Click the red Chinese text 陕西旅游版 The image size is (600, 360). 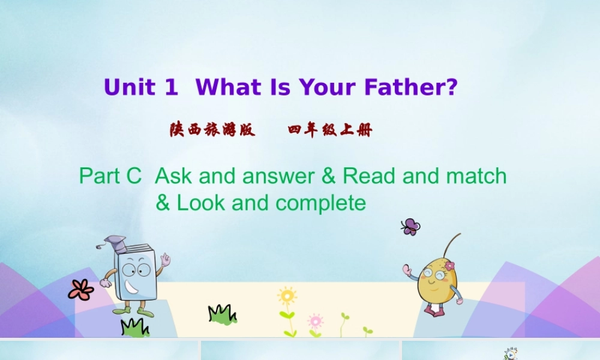(212, 130)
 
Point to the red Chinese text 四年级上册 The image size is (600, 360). (330, 130)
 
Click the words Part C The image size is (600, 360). (110, 176)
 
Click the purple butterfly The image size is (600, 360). (410, 226)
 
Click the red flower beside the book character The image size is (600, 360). (80, 290)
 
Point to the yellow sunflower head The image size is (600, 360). (287, 296)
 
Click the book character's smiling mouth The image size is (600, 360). (133, 290)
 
